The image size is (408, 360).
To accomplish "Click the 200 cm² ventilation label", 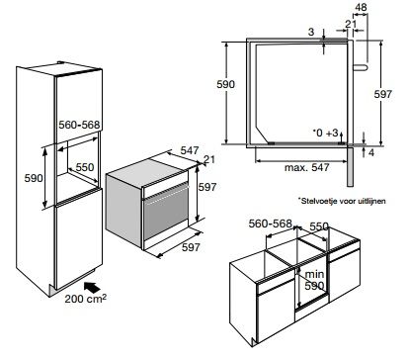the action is [85, 299].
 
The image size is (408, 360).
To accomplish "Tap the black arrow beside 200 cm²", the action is [92, 287].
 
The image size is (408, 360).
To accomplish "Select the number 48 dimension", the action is [361, 7].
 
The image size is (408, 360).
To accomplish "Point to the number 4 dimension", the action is [371, 152].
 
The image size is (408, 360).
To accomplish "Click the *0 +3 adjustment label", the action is [325, 133].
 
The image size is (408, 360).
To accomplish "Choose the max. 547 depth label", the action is [306, 167].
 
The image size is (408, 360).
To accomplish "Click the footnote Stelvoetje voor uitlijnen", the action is [342, 201].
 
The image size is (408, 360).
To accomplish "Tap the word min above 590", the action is [314, 274].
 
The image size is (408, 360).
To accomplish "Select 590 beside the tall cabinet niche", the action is [34, 178].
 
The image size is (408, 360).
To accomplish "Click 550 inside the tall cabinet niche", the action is [85, 167].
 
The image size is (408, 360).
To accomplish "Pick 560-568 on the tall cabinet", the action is [79, 125].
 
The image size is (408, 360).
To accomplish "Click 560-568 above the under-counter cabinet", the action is [271, 224].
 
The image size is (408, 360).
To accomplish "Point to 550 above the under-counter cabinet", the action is [319, 226].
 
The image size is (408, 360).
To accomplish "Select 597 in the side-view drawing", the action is [382, 94].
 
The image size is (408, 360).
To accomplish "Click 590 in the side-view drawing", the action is [225, 84].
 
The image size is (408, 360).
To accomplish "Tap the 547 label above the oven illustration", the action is [190, 150].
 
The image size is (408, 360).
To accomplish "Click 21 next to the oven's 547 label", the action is [209, 159].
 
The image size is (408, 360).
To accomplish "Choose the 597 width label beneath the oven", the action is [191, 247].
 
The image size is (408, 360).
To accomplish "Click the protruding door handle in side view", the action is [361, 67].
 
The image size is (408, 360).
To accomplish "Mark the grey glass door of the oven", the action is [166, 215].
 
